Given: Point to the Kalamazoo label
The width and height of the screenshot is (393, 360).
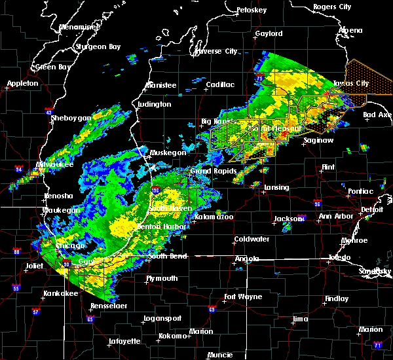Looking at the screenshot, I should [x=214, y=216].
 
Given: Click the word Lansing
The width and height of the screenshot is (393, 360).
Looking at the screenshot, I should [x=276, y=188].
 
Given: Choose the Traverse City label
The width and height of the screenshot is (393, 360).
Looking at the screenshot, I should [x=216, y=51].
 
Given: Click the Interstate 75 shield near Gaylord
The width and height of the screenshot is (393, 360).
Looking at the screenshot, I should [x=260, y=79].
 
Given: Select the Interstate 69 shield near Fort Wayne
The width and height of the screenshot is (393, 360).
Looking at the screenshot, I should [x=212, y=310].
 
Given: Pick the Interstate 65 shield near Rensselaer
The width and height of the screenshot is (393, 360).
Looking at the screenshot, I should [x=90, y=319].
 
